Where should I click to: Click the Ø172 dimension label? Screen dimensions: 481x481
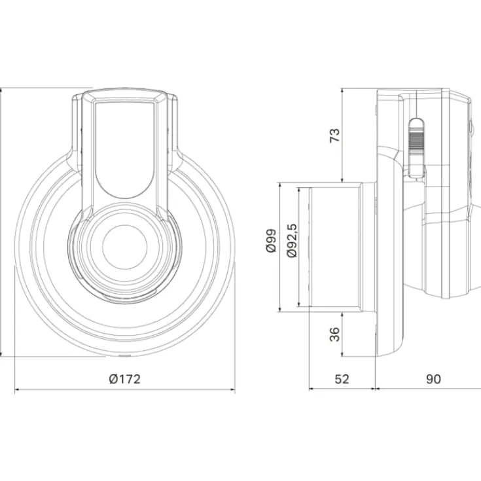[125, 379]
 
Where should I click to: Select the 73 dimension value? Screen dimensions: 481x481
[335, 135]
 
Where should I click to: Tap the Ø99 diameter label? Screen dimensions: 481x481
[271, 241]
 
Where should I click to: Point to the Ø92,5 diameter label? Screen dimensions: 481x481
[292, 241]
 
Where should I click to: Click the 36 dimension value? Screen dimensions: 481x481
[335, 334]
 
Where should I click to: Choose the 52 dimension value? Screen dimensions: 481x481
[342, 379]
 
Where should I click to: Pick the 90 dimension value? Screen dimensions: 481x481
[433, 379]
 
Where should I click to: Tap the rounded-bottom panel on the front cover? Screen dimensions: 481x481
[125, 149]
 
